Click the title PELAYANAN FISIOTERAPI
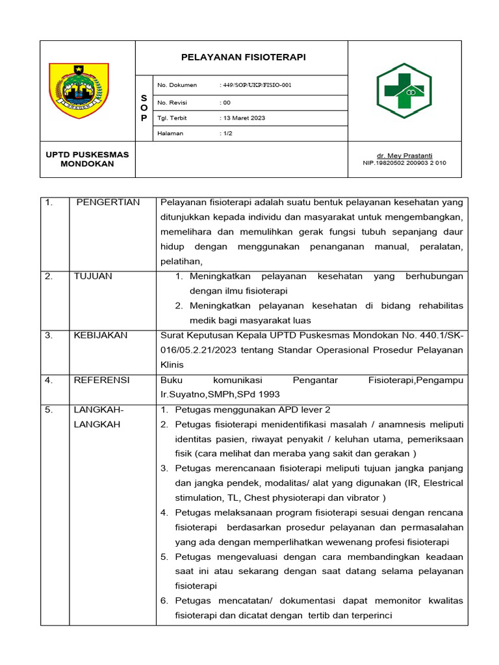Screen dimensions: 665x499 (x=243, y=58)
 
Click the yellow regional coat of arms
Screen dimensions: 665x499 (x=79, y=90)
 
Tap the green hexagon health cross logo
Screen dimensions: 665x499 (x=403, y=90)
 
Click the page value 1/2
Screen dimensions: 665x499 (x=228, y=134)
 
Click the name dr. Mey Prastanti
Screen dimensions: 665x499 (x=404, y=156)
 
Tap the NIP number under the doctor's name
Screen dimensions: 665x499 (x=404, y=164)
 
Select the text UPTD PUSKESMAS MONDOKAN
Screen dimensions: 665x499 (x=87, y=159)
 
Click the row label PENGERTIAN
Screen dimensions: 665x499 (x=108, y=203)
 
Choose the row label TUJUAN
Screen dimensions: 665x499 (x=93, y=276)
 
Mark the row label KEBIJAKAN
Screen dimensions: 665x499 (x=101, y=335)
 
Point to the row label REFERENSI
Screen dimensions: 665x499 (x=101, y=380)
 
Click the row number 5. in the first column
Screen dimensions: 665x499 (x=49, y=410)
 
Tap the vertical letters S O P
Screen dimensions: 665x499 (x=144, y=108)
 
